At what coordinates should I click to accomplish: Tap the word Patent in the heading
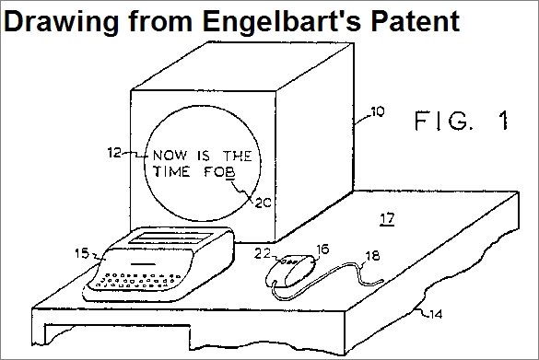click(x=416, y=21)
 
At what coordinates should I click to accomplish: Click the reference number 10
click(x=378, y=111)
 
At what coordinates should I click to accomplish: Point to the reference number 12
click(x=114, y=153)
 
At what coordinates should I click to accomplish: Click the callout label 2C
click(x=263, y=203)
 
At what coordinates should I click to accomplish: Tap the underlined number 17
click(x=387, y=219)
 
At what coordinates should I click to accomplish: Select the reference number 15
click(x=82, y=253)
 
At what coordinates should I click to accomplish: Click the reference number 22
click(x=263, y=253)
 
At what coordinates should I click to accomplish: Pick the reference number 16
click(x=322, y=250)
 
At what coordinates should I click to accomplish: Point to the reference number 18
click(x=372, y=256)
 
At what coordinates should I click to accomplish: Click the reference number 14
click(x=436, y=314)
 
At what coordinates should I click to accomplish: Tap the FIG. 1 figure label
click(x=462, y=121)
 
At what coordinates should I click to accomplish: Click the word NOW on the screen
click(x=170, y=156)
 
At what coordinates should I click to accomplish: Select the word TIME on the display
click(x=171, y=171)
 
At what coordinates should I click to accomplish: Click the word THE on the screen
click(x=238, y=157)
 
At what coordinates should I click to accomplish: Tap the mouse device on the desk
click(x=291, y=271)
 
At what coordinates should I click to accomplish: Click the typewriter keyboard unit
click(x=158, y=264)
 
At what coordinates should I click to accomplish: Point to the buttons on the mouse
click(x=289, y=262)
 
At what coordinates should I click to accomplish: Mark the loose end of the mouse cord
click(x=382, y=282)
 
